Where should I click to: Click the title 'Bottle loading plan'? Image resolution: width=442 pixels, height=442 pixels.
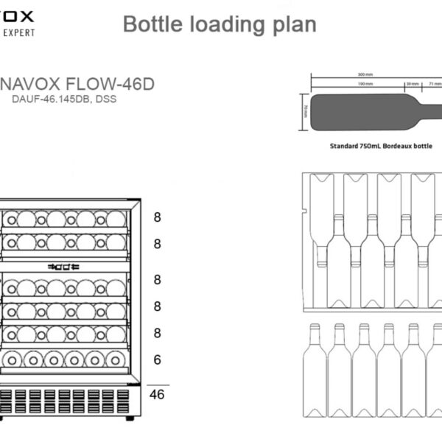(x=220, y=24)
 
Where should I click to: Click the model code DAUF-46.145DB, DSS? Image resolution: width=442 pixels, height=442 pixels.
(x=64, y=101)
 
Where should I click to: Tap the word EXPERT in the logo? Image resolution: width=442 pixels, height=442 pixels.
(x=16, y=32)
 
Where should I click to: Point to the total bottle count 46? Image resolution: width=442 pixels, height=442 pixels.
(x=157, y=394)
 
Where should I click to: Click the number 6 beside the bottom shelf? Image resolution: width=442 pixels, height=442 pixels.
(x=157, y=359)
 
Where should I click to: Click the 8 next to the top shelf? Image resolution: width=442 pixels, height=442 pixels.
(x=157, y=217)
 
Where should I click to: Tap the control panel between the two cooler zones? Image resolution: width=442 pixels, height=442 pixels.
(x=63, y=267)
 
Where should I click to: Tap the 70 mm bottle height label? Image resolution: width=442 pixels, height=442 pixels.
(x=305, y=111)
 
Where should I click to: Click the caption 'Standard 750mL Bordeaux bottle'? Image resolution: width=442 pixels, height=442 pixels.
(x=380, y=147)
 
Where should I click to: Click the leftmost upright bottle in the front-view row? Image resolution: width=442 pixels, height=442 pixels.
(x=315, y=361)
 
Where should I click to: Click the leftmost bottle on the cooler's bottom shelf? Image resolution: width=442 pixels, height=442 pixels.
(x=12, y=359)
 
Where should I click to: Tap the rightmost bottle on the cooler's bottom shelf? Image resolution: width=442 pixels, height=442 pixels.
(x=115, y=359)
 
